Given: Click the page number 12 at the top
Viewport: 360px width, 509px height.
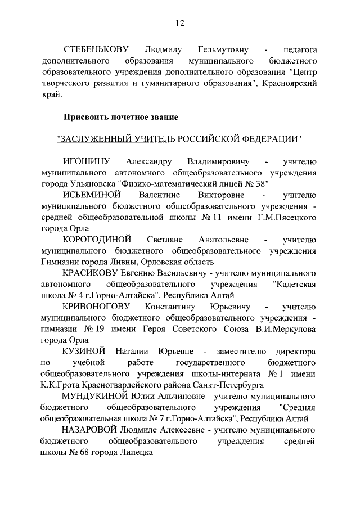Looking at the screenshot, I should coord(179,23).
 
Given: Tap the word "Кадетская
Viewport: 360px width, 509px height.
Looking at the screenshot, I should coord(294,284).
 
